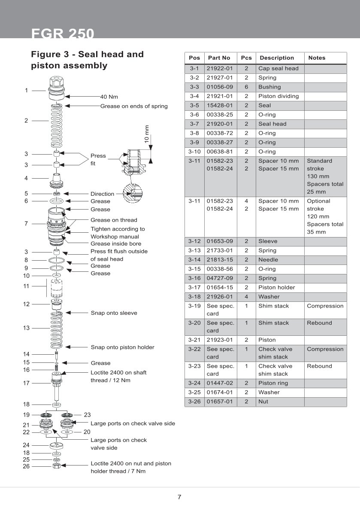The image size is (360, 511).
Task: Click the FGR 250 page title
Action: pos(63,33)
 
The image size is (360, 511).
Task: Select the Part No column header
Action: pos(219,58)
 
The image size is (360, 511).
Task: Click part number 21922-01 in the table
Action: pos(219,69)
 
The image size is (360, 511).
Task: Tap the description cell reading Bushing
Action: pos(269,87)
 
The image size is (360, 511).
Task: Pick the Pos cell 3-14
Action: pos(194,260)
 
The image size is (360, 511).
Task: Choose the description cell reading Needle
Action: pos(268,260)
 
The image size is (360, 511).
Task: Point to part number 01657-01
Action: pos(219,402)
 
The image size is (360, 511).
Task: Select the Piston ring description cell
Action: pos(273,383)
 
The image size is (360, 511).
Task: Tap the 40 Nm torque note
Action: pos(109,97)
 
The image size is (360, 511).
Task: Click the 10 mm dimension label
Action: pos(147,134)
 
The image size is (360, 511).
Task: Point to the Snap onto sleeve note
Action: pos(114,313)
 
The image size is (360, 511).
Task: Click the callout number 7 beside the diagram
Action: pos(26,224)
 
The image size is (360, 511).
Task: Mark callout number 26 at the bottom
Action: pos(26,466)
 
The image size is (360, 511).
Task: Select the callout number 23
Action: pos(88,415)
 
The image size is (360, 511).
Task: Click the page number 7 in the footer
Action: pos(179,498)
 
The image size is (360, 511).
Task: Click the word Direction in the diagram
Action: pos(102,194)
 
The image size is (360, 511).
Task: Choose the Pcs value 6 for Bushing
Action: pos(246,87)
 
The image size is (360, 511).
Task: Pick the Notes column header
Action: pos(317,58)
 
